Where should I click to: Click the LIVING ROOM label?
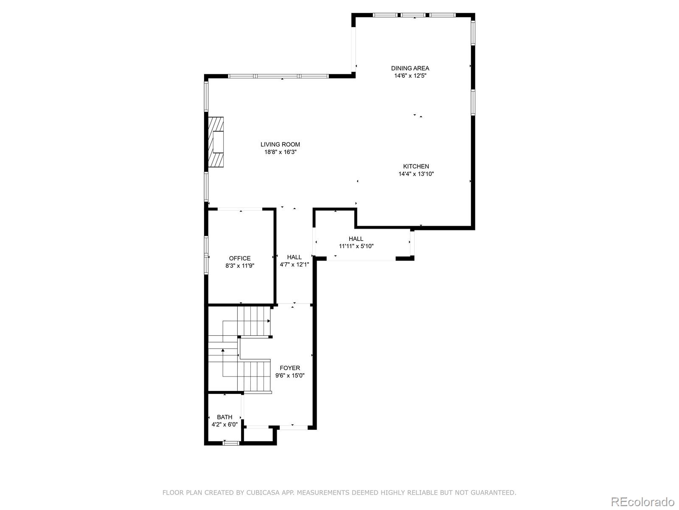click(x=280, y=144)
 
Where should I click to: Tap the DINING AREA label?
click(x=410, y=68)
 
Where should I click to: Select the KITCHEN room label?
click(x=416, y=166)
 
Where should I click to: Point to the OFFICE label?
click(x=240, y=258)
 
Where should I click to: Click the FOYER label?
click(x=290, y=368)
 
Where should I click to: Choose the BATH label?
click(x=224, y=417)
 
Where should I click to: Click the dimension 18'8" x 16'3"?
click(x=280, y=152)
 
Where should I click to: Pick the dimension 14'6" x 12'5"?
click(x=410, y=76)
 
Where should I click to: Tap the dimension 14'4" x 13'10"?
click(x=416, y=174)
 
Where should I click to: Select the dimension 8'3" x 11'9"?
click(x=240, y=266)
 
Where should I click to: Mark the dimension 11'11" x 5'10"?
click(x=356, y=246)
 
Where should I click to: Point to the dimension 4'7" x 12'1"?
click(x=294, y=264)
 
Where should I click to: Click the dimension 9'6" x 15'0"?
click(x=290, y=376)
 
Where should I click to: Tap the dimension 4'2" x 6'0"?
click(x=224, y=424)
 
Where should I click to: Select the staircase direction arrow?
click(x=223, y=350)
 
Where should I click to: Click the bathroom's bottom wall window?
click(x=231, y=443)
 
